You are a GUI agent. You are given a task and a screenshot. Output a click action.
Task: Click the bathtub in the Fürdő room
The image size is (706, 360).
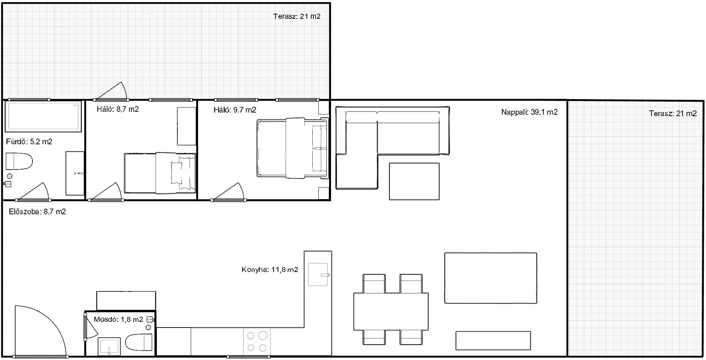43,116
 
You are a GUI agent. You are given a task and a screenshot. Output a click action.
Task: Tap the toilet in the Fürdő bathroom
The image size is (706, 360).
19,161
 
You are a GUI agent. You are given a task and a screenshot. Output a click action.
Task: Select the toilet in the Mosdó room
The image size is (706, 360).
139,342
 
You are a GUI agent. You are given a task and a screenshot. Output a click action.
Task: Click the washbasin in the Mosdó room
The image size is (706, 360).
109,346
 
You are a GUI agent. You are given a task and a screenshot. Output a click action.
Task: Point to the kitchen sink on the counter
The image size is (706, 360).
318,275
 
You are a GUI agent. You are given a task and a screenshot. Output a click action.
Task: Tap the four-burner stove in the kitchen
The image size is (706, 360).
257,341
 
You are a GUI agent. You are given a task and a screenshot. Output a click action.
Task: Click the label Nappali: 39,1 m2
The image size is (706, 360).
529,112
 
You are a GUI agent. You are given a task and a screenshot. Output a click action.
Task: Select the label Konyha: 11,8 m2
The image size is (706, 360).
270,269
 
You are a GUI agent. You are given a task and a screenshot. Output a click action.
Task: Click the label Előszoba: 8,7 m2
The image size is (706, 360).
37,212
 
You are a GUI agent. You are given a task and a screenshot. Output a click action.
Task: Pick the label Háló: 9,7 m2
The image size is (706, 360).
235,110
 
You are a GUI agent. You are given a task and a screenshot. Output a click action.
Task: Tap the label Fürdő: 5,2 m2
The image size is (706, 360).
29,142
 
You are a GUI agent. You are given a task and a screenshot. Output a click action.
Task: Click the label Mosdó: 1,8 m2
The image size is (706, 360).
118,319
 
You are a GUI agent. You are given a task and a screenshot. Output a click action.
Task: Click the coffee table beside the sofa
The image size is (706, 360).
414,181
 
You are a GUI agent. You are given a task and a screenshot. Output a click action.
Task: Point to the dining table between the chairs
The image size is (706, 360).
391,312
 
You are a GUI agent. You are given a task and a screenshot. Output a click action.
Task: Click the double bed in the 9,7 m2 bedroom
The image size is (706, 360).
293,148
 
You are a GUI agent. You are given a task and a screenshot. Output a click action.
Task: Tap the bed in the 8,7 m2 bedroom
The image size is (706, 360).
160,173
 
